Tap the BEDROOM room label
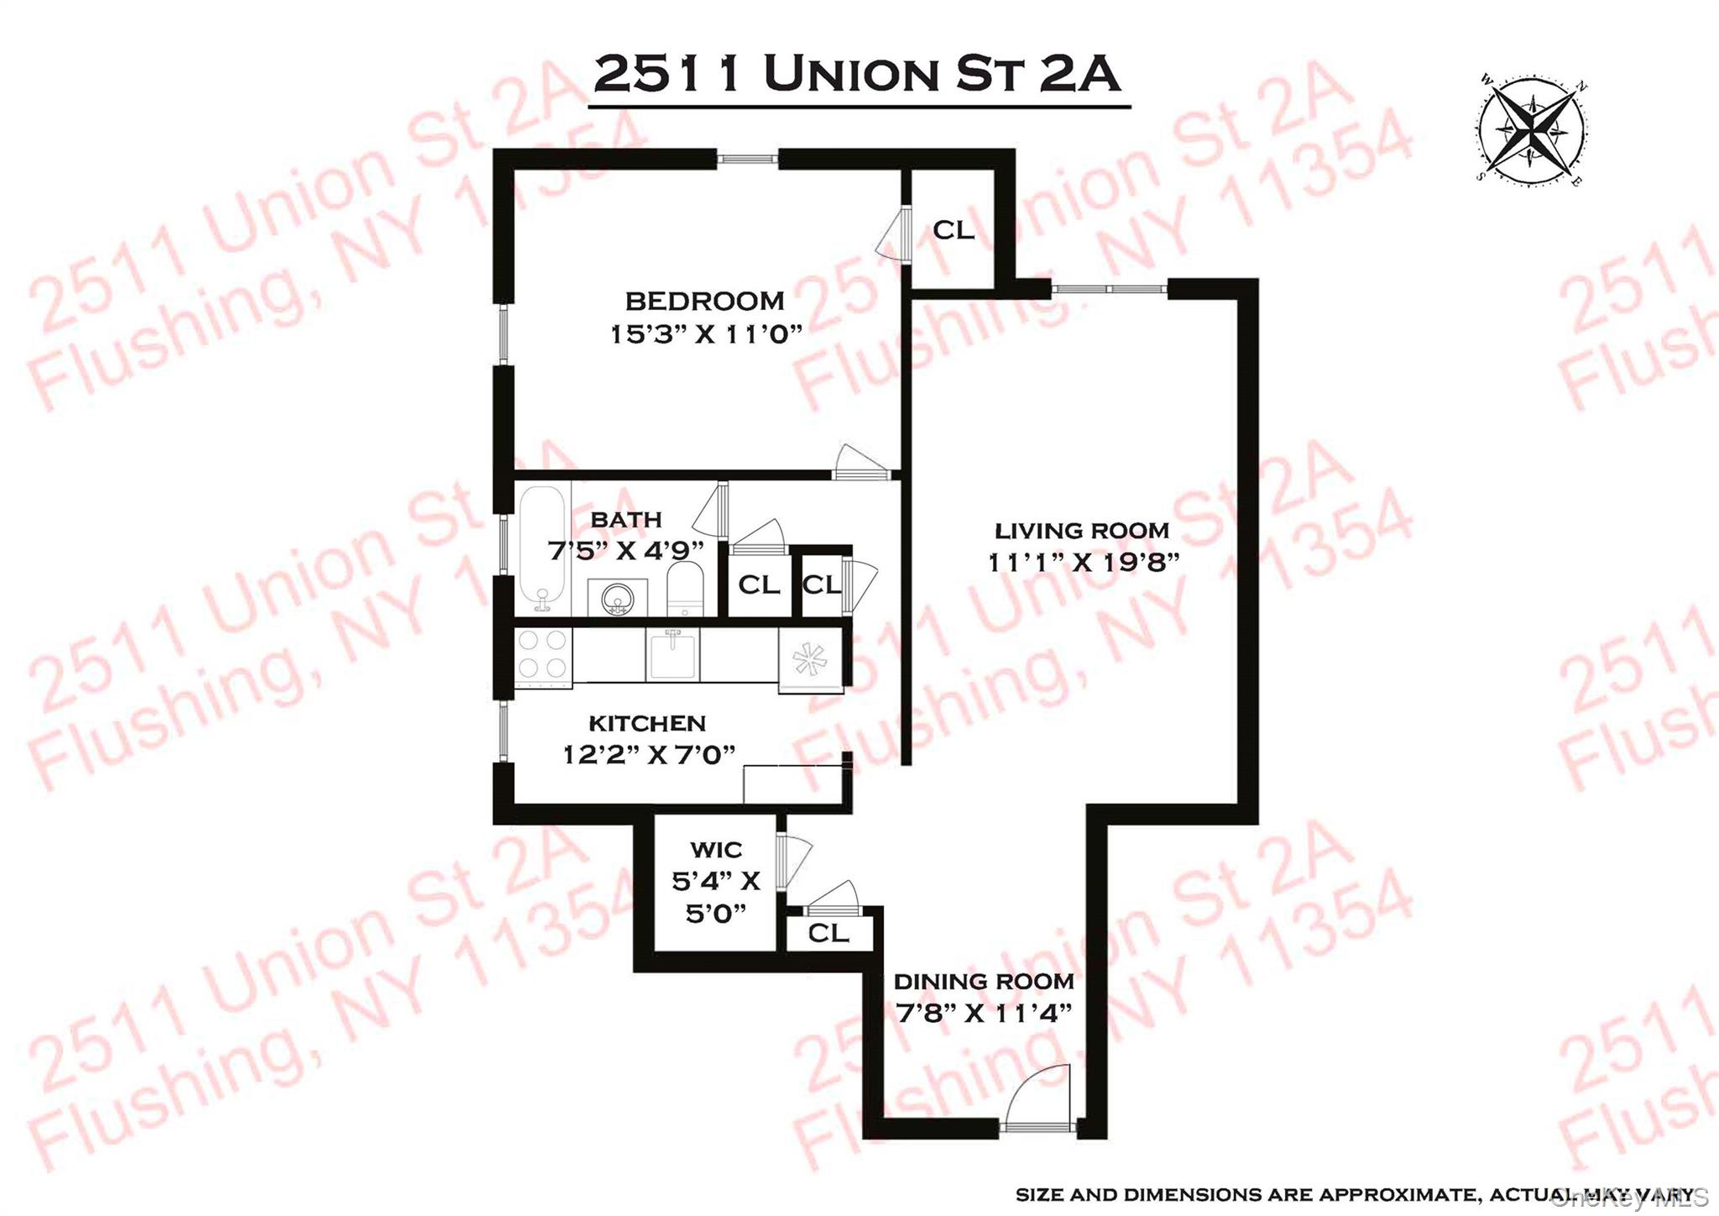coord(704,301)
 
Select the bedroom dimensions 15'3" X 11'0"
coord(706,334)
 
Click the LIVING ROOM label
coord(1082,531)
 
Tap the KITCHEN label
coord(647,723)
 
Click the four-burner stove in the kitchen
coord(542,654)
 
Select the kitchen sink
coord(672,654)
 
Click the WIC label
coord(716,850)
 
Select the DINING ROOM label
coord(984,981)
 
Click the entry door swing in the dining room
coord(1041,1096)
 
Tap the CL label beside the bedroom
coord(954,229)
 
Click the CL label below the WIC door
coord(828,932)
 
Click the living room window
coord(1110,289)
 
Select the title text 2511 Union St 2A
coord(857,74)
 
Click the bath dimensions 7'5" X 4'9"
coord(625,551)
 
